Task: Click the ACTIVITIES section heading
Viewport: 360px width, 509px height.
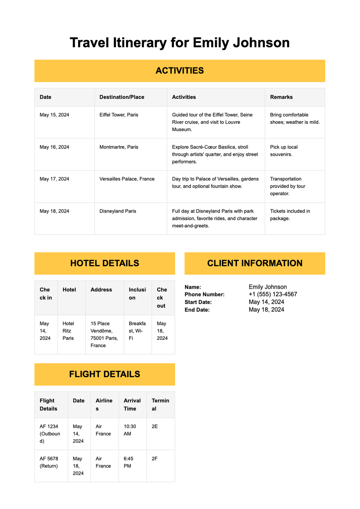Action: pos(179,70)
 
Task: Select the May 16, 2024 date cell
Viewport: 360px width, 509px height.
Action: pos(54,147)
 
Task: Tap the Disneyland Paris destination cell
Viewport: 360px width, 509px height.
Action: pos(118,211)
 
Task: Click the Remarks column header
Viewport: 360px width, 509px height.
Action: pos(281,97)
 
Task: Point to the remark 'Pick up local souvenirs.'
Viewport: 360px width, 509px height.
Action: pos(283,151)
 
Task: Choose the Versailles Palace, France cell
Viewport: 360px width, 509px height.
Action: pos(127,179)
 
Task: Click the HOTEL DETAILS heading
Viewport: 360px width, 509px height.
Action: pos(104,263)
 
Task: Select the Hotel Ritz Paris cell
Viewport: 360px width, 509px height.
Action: pos(68,331)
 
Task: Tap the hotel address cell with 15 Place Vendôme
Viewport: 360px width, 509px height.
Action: pos(104,334)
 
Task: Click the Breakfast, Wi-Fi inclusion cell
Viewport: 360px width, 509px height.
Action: pos(137,331)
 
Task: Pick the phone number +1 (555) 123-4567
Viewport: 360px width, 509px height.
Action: pos(273,294)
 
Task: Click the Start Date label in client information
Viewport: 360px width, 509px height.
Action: pos(198,302)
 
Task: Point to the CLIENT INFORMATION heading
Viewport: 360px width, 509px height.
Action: pos(254,263)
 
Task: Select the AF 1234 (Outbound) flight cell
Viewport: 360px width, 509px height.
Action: pos(50,434)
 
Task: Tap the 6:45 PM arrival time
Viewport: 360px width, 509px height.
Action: pos(128,462)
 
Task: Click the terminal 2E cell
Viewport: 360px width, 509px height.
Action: pos(154,427)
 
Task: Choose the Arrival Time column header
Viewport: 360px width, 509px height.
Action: pos(132,405)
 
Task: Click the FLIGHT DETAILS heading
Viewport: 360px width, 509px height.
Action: pos(104,374)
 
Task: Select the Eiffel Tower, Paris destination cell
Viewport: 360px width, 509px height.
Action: pos(119,115)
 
